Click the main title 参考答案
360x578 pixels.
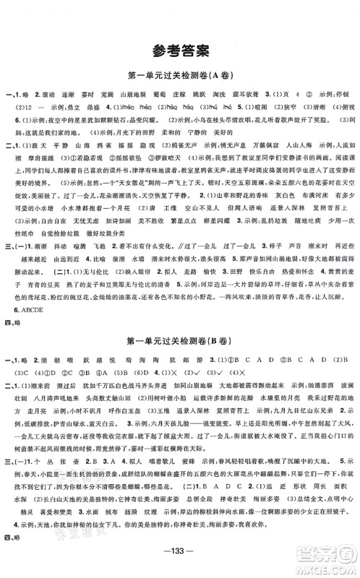point(180,51)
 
